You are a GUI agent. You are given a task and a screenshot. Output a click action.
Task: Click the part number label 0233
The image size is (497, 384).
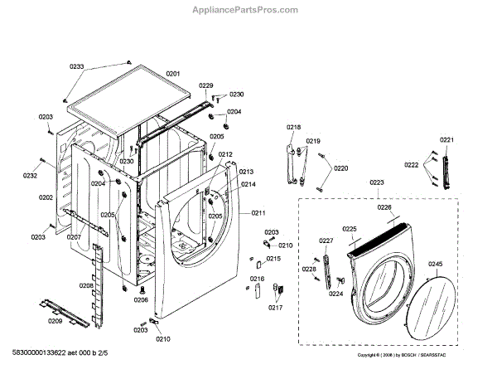coord(77,66)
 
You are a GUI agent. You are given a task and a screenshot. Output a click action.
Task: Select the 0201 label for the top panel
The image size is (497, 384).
coord(172,74)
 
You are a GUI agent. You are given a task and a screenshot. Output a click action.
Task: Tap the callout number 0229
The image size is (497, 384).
coord(206,86)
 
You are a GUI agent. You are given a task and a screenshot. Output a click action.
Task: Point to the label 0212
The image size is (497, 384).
coord(225,154)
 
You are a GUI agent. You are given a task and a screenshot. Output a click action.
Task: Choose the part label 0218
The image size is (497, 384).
coord(293,127)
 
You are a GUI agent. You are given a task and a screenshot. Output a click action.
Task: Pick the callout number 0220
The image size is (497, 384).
coord(340,168)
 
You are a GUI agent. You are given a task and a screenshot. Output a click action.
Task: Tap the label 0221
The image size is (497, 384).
coord(446,139)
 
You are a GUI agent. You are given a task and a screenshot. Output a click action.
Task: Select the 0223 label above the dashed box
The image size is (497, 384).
coord(377,182)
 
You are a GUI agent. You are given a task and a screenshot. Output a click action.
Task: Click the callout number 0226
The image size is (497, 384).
coord(384,208)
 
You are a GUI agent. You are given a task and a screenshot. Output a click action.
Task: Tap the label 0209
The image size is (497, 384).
coord(55,321)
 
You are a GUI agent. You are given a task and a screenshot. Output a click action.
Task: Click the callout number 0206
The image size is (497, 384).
coord(141,301)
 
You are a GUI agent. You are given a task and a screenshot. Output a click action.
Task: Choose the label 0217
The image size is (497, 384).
coord(275,308)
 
